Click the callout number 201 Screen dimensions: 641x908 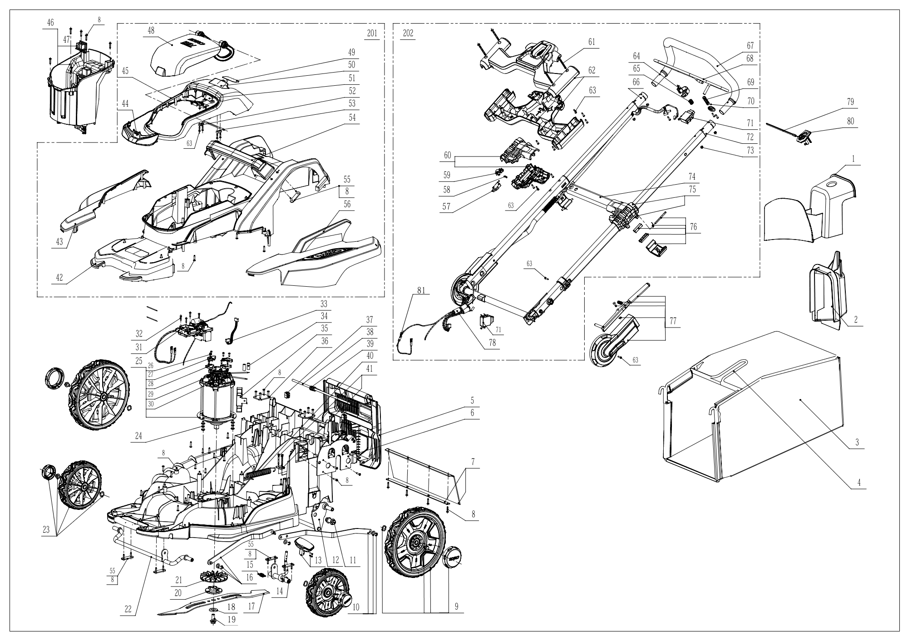tap(372, 34)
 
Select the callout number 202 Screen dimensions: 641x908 tap(408, 34)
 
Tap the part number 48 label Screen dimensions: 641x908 tap(151, 30)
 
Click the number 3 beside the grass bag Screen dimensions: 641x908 tap(857, 442)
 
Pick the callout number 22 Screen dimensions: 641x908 tap(128, 609)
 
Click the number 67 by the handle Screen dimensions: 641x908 tap(750, 45)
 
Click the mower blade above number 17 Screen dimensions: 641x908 tap(213, 598)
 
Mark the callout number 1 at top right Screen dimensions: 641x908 tap(854, 160)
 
